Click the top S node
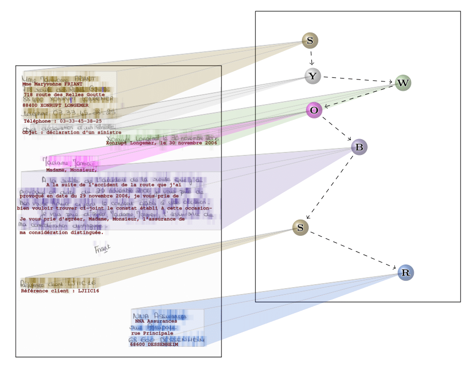coord(310,40)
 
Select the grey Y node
coord(312,76)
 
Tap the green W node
coord(403,83)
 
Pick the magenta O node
coord(314,110)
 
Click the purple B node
coord(359,147)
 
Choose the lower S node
coord(300,227)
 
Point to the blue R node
coord(405,272)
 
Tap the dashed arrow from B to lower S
coord(330,187)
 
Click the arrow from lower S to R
coord(353,250)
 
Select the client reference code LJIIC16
coord(89,291)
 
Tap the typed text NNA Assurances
coord(156,321)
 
